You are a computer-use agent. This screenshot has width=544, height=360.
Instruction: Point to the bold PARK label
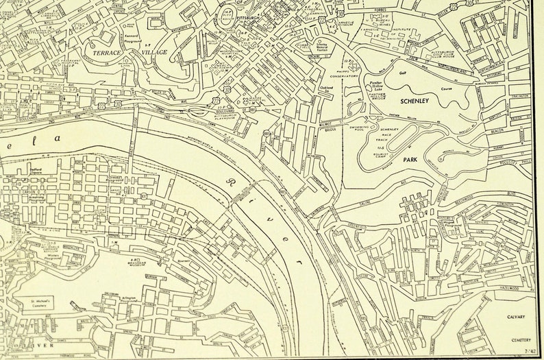pyautogui.click(x=410, y=159)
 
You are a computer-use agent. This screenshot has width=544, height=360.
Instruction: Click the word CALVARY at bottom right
pyautogui.click(x=516, y=317)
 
